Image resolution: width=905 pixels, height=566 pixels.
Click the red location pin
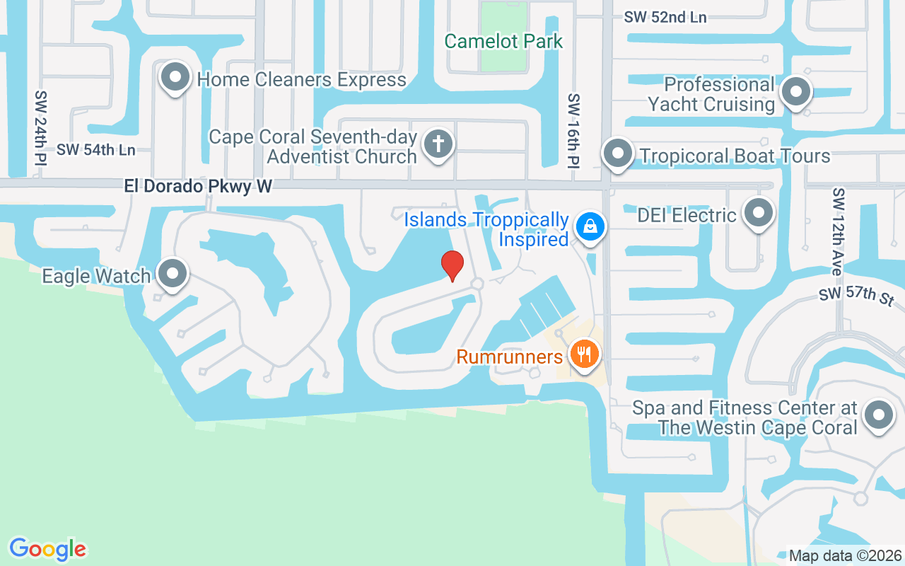coord(452,265)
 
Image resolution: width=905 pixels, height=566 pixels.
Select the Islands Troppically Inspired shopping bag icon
coord(588,226)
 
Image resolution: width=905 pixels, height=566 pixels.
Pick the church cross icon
coord(438,144)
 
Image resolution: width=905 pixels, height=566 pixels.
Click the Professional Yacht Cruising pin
coord(796,91)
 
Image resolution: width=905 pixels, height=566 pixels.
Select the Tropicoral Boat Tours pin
coord(618,153)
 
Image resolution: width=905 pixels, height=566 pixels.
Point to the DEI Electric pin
coord(759,212)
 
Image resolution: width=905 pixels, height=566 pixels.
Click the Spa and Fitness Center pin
coord(879,415)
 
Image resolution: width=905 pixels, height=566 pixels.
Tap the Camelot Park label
coord(503,41)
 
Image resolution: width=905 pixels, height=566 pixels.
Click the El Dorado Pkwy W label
coord(198,186)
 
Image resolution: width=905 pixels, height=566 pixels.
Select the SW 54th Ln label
coord(95,150)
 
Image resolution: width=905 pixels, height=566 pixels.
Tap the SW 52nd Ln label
coord(665,17)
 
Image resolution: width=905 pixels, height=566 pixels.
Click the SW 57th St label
coord(857,296)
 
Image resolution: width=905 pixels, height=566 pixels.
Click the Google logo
coord(48,549)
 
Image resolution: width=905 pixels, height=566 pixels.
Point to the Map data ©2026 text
coord(845,556)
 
